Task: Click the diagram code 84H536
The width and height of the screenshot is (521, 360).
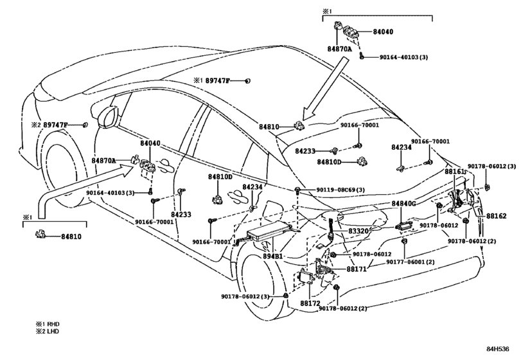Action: (498, 349)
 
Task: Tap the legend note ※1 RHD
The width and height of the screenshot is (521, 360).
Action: (48, 324)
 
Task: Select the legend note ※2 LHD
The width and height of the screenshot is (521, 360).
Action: (48, 332)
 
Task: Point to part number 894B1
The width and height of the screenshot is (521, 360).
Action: (273, 256)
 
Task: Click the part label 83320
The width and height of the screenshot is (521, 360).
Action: (358, 231)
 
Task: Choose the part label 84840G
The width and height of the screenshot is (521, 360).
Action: (403, 203)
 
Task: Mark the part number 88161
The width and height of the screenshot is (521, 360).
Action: (455, 172)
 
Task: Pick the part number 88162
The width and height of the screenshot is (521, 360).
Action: (497, 216)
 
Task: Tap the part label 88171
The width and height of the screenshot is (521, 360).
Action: (357, 269)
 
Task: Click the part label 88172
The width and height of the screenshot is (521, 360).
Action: (310, 303)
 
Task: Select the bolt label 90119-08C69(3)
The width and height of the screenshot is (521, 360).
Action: (340, 190)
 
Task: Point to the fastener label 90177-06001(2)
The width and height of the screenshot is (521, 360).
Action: (411, 262)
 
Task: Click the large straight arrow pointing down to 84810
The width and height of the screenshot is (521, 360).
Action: (325, 89)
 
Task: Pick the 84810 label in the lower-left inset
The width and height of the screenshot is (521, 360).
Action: (71, 237)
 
